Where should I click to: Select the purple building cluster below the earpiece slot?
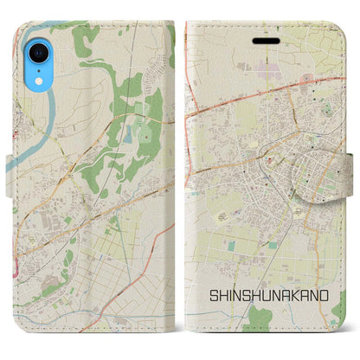click(264, 66)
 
